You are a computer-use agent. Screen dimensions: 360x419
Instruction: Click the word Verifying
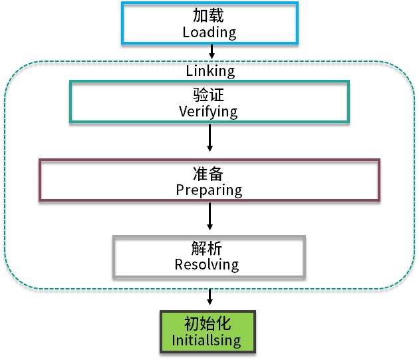pos(208,111)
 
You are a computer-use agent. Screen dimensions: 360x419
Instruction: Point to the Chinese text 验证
pos(208,96)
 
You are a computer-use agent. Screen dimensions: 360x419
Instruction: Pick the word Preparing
pos(209,190)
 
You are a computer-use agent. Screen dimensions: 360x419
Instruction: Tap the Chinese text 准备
pos(209,174)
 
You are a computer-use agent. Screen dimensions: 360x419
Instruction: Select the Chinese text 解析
pos(208,248)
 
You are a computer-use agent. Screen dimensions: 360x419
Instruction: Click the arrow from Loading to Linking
pos(211,51)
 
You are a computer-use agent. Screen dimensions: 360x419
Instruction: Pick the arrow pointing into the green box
pos(209,297)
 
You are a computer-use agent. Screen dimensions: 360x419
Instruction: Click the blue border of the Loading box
pos(123,23)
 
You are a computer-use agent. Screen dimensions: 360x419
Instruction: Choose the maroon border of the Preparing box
pos(40,180)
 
